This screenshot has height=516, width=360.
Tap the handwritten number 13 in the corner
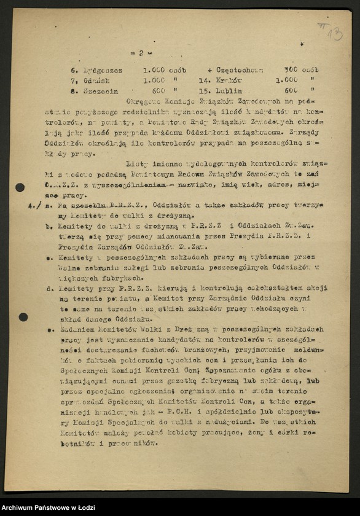click(335, 31)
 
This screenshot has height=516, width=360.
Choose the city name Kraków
click(227, 80)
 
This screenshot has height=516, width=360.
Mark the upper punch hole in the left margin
click(20, 187)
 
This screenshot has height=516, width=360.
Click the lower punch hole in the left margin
click(23, 317)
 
